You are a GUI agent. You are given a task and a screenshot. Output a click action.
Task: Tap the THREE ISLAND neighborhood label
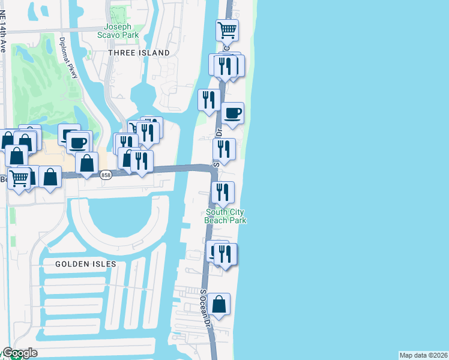139,53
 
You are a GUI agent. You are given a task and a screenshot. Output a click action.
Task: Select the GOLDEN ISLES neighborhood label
85,264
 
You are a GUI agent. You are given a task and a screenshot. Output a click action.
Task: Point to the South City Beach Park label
226,216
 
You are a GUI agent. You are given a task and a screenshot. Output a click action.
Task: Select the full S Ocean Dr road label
208,308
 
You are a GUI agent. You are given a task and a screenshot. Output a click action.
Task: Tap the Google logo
20,353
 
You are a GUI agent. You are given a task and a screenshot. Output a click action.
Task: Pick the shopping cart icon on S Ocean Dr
228,30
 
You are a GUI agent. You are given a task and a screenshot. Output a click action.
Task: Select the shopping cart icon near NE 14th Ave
19,178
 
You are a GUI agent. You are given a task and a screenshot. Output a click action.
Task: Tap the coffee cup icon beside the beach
232,113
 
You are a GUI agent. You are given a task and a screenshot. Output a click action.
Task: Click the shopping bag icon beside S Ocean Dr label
220,304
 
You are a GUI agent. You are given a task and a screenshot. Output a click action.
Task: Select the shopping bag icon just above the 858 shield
87,163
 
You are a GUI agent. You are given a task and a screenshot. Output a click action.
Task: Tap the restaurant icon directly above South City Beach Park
222,192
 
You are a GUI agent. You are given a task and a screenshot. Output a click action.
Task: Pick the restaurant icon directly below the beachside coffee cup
224,149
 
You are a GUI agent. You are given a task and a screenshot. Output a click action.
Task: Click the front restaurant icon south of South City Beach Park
225,254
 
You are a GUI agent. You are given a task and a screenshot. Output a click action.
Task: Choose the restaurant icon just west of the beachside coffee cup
209,99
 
